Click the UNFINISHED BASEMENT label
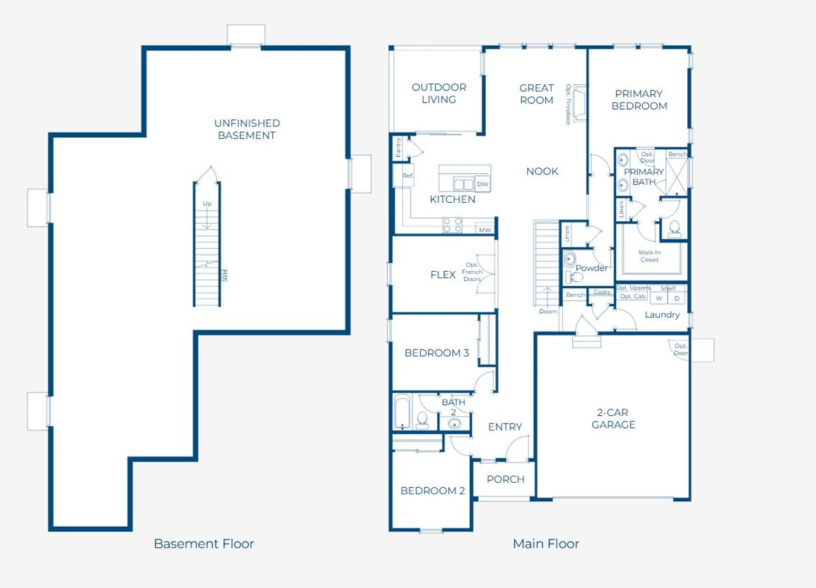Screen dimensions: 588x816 [x=247, y=129]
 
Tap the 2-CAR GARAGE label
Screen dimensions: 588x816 [x=613, y=419]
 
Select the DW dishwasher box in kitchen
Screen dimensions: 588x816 [x=483, y=184]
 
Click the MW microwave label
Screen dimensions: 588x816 [x=485, y=230]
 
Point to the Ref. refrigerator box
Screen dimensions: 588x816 [x=408, y=176]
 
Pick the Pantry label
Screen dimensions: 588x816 [x=398, y=147]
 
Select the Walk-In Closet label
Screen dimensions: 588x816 [x=649, y=256]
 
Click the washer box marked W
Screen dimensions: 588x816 [x=659, y=298]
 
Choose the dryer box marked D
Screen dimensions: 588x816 [x=676, y=298]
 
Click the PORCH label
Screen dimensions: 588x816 [x=506, y=480]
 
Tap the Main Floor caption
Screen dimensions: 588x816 [x=546, y=544]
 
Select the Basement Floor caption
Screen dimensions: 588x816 [x=204, y=544]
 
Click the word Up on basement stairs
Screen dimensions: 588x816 [x=207, y=204]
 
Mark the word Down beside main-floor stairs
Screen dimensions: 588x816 [x=548, y=311]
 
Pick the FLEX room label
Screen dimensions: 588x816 [x=442, y=275]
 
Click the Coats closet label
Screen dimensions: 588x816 [x=602, y=293]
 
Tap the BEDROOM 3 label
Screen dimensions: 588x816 [x=437, y=353]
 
